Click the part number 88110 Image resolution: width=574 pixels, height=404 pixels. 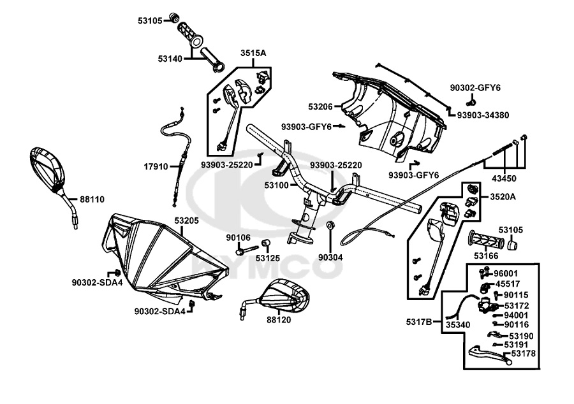92,199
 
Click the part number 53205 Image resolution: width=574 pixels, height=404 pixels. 187,220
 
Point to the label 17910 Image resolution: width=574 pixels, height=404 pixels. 156,167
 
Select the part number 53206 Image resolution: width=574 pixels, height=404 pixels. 321,106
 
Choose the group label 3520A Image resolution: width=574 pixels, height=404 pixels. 503,196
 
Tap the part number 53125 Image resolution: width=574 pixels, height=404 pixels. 269,259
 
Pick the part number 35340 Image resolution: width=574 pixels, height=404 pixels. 458,324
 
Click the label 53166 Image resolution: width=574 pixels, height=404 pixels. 486,256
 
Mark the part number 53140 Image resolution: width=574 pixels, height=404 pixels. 170,59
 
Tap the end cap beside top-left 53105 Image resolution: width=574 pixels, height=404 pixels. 173,17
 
